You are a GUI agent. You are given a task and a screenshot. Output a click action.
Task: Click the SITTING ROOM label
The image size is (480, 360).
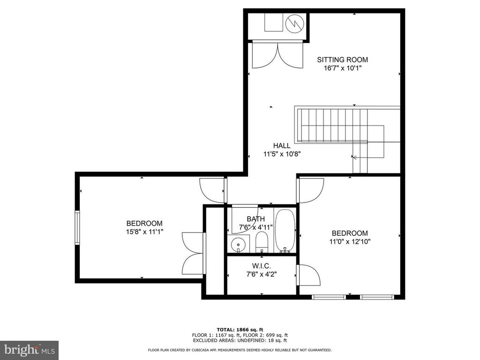pos(342,60)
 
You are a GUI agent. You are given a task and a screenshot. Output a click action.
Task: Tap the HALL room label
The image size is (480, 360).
pos(282,146)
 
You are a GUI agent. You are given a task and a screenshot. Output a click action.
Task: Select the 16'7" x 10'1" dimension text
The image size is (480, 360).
pos(343,68)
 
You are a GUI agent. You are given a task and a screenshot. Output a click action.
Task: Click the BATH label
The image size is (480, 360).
pos(255,219)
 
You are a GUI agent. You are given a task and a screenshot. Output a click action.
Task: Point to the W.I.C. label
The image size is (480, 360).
pos(262,266)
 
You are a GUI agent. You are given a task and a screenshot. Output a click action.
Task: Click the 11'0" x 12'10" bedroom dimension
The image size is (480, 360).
pos(350,241)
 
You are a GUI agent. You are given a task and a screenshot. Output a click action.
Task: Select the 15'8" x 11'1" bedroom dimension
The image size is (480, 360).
pos(144,232)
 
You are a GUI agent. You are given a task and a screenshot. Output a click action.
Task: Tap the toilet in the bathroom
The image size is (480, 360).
pos(262,242)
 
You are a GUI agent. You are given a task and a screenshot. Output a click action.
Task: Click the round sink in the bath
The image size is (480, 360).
pos(238,244)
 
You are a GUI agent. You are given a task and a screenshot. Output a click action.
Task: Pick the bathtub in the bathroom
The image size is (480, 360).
pos(285,231)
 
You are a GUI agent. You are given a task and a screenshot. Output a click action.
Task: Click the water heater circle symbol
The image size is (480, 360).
pos(294,23)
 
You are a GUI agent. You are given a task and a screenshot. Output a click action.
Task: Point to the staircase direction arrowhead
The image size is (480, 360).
pos(354,157)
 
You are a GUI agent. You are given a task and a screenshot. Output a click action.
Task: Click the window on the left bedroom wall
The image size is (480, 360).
pos(77,227)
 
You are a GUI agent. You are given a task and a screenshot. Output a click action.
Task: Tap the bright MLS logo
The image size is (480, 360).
pos(29,350)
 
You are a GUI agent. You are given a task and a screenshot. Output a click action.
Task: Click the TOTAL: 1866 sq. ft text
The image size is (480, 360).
pos(240,330)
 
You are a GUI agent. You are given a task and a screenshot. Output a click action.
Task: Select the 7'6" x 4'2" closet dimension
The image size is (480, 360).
pos(262,274)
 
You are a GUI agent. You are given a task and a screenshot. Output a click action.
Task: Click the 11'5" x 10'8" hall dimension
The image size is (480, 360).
pos(282,154)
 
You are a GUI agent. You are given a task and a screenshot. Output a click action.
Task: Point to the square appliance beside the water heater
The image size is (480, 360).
pos(274,22)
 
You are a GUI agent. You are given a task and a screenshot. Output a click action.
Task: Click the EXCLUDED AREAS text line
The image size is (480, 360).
pos(240,340)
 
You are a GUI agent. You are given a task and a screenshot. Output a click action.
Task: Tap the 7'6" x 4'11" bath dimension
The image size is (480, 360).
pos(255,227)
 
